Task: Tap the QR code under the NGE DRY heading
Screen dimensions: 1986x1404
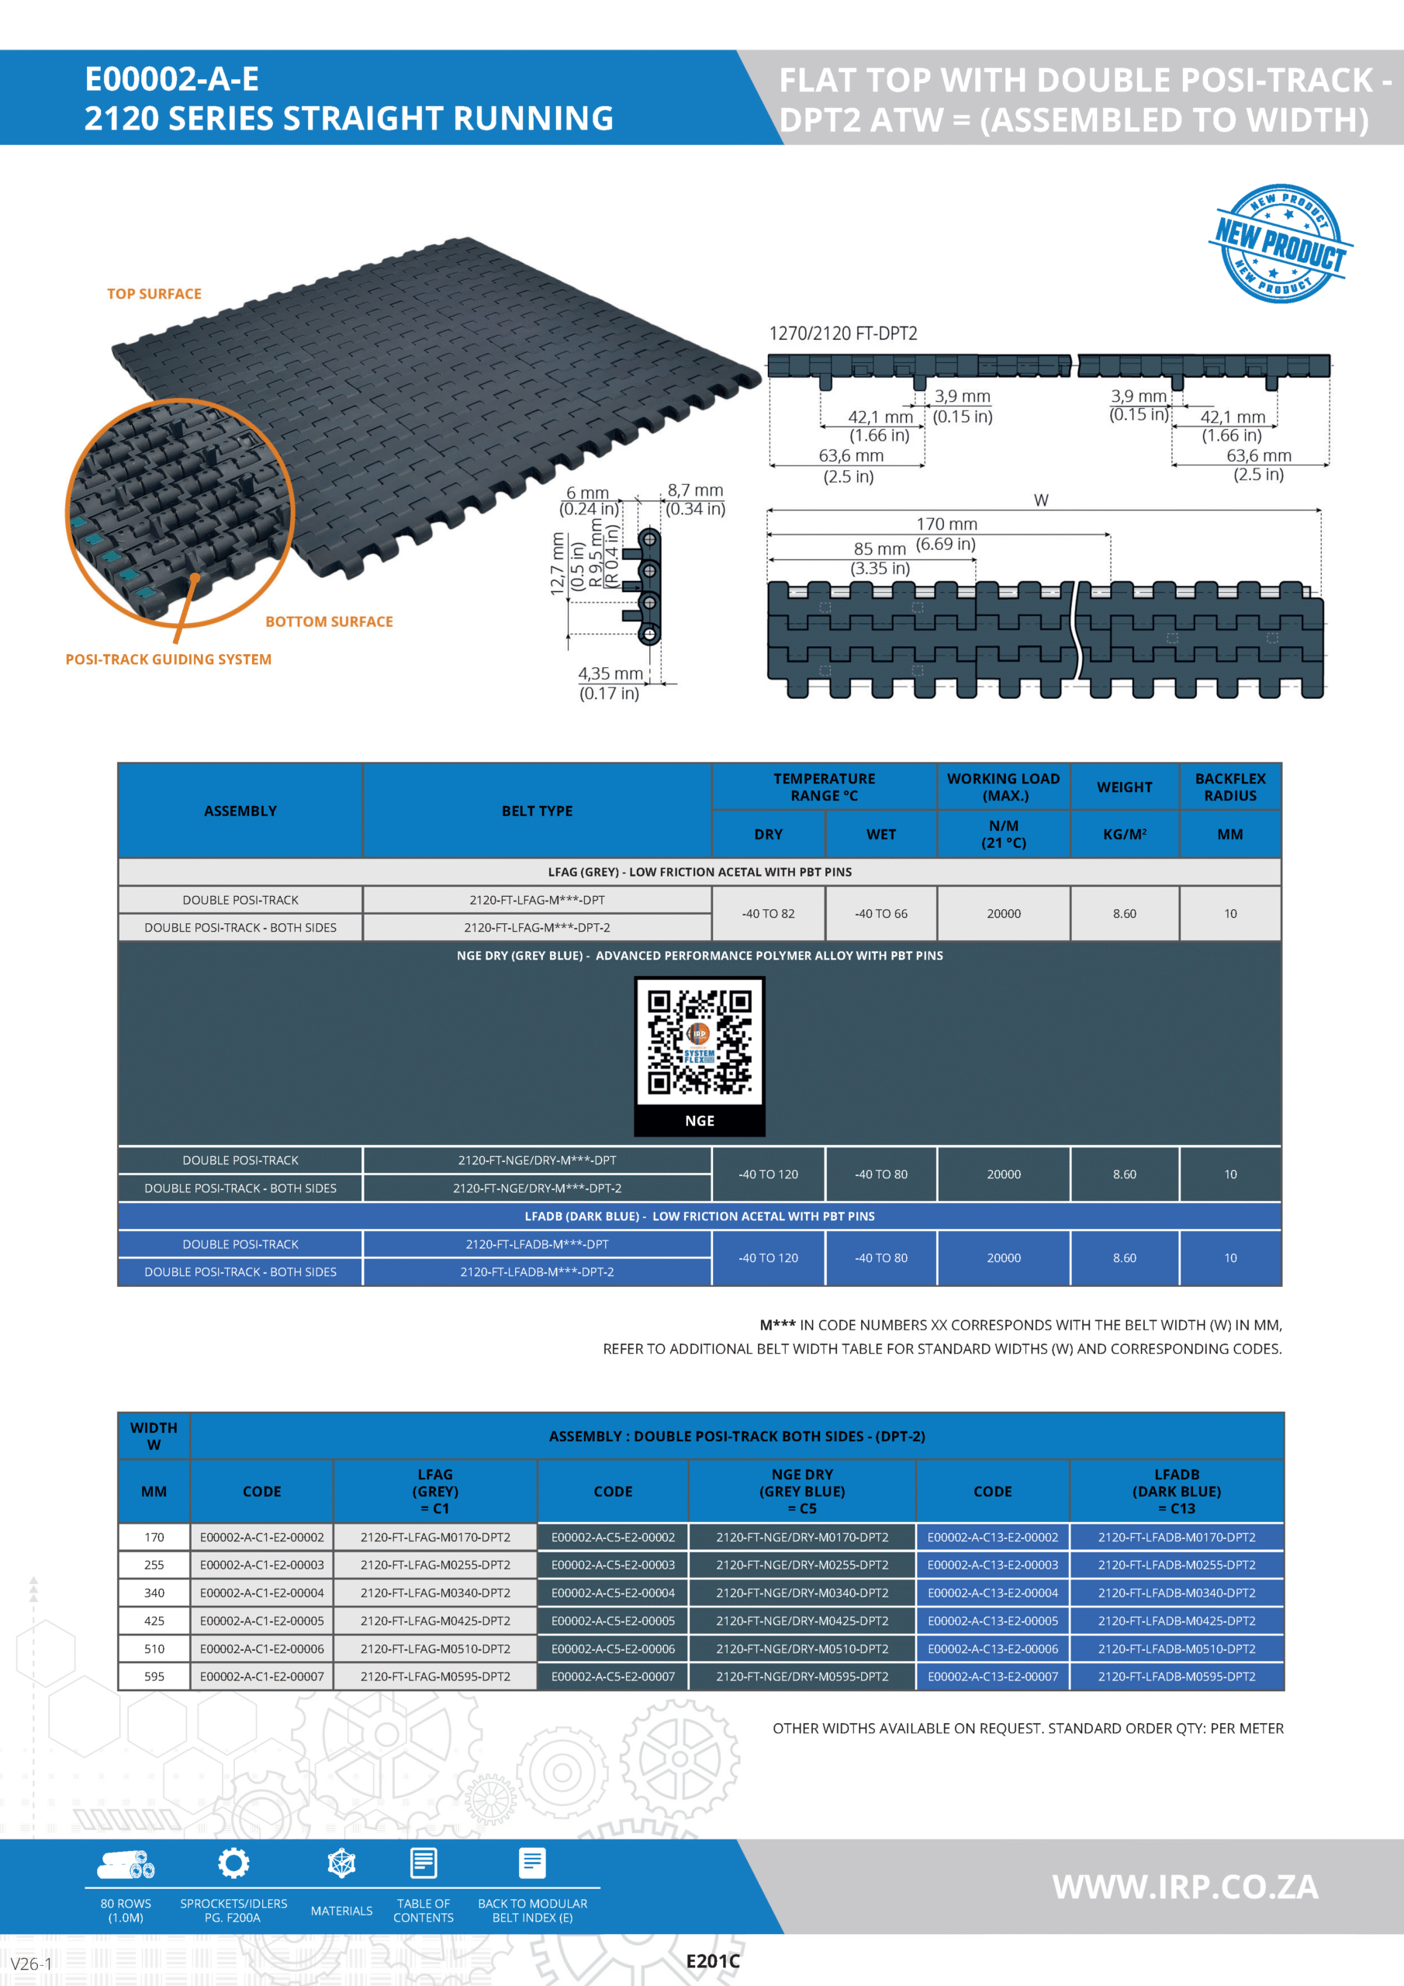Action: [699, 1043]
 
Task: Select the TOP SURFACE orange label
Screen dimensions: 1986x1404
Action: [154, 294]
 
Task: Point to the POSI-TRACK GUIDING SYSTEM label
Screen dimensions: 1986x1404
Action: [168, 659]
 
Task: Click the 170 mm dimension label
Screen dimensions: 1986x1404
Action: [946, 524]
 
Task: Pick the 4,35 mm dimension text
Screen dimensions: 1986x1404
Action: [610, 674]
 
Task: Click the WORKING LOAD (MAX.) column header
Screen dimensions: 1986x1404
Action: [1003, 787]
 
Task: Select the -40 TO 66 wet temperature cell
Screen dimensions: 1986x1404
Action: [880, 913]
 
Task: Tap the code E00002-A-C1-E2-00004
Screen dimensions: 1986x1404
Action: [261, 1593]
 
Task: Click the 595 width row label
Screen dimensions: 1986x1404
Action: [154, 1676]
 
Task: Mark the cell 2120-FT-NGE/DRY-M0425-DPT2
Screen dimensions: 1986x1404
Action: [802, 1620]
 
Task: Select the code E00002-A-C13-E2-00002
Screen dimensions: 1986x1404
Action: [992, 1537]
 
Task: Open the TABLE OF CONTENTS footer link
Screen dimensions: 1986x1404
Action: [423, 1910]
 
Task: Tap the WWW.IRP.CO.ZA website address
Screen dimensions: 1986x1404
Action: [1184, 1887]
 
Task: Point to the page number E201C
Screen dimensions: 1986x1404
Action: [713, 1961]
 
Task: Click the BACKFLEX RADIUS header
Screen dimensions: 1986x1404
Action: [1229, 787]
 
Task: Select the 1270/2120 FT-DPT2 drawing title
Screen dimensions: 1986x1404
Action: [842, 334]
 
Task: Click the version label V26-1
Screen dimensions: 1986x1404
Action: [31, 1964]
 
